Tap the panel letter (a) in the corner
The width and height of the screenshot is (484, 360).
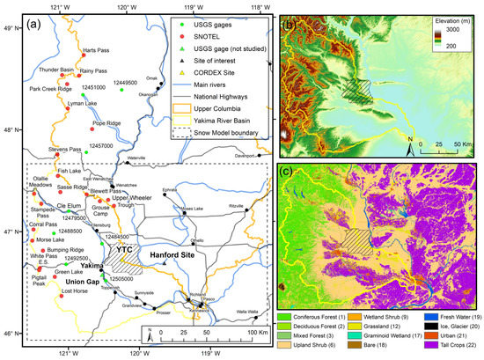point(40,22)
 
